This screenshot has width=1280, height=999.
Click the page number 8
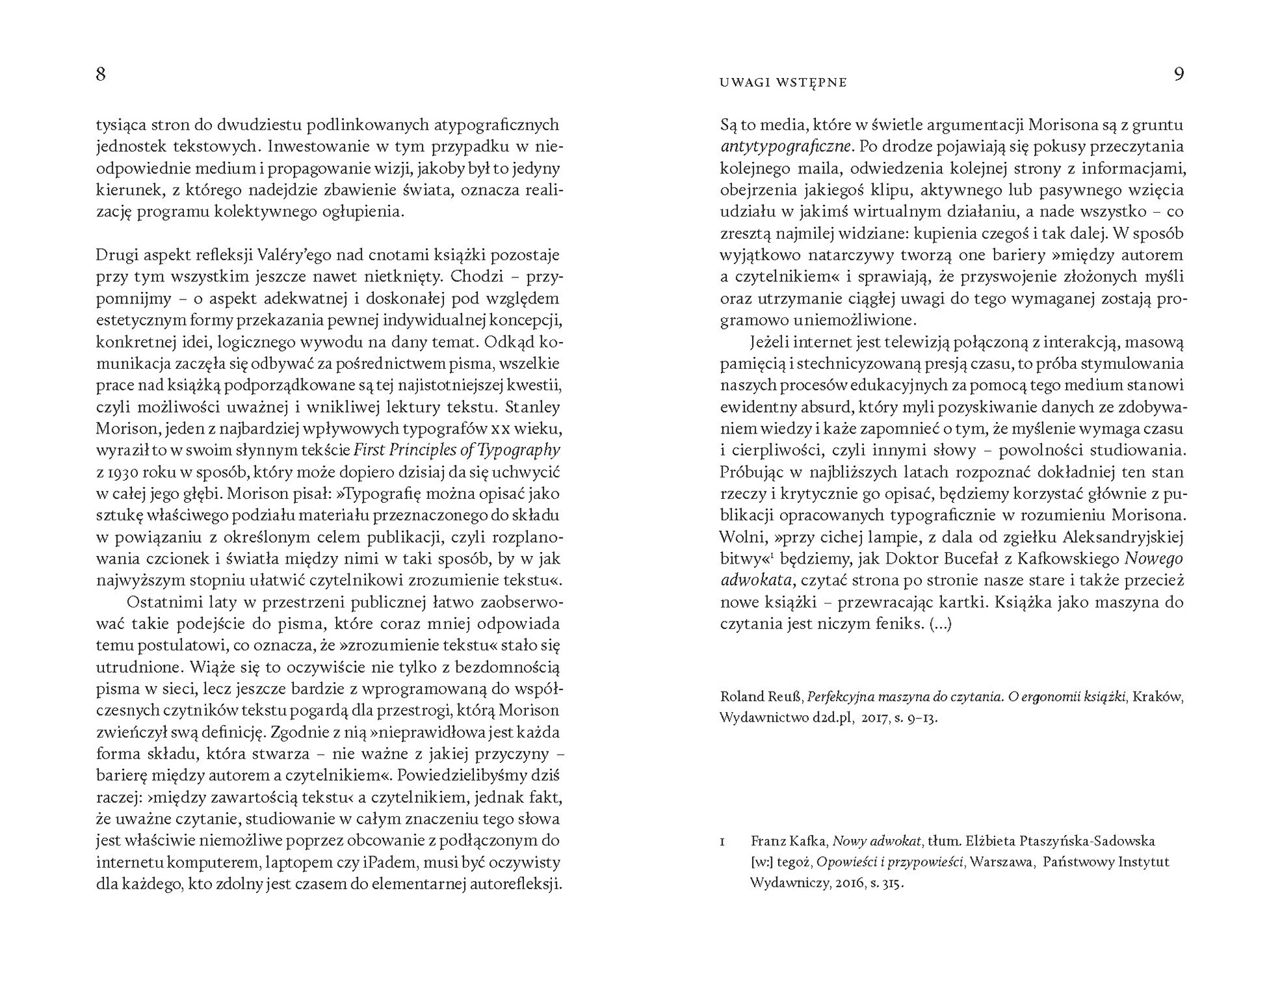(101, 74)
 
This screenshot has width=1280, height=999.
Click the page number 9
(1179, 74)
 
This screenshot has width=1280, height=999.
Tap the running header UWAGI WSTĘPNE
(783, 83)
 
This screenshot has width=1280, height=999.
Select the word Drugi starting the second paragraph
(116, 255)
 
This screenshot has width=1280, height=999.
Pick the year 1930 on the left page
(122, 472)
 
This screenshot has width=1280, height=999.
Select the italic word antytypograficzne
(785, 146)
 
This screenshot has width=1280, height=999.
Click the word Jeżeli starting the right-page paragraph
(771, 342)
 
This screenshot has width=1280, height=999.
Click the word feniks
(899, 624)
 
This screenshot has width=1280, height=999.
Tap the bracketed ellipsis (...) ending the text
(941, 624)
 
